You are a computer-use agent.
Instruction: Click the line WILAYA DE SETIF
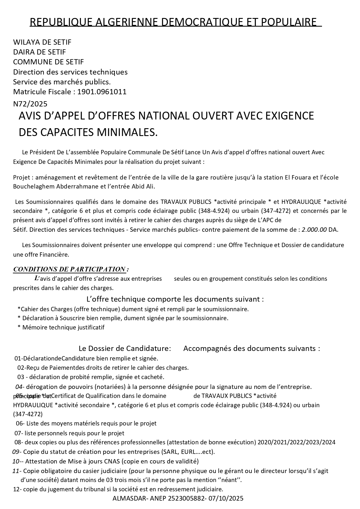pyautogui.click(x=42, y=42)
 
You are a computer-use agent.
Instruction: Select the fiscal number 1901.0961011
pyautogui.click(x=102, y=92)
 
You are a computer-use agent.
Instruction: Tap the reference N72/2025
pyautogui.click(x=30, y=104)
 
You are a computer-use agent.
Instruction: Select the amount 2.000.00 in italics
pyautogui.click(x=314, y=230)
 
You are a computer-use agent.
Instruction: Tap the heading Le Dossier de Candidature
pyautogui.click(x=125, y=348)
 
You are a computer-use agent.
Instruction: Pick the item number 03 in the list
pyautogui.click(x=21, y=377)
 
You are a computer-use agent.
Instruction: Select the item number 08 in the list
pyautogui.click(x=18, y=442)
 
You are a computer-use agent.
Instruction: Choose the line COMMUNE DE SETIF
pyautogui.click(x=48, y=62)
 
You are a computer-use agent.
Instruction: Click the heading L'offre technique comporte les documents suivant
pyautogui.click(x=175, y=299)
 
